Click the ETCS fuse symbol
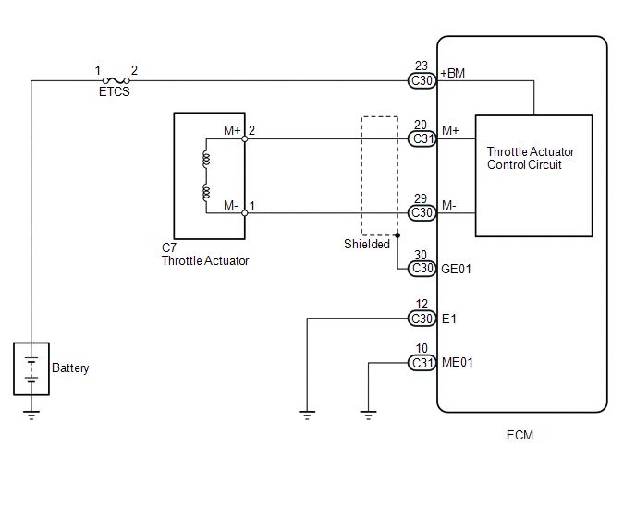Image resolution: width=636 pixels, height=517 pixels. (116, 80)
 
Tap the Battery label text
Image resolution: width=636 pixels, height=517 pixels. (70, 367)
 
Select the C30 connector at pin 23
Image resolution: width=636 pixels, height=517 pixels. (422, 80)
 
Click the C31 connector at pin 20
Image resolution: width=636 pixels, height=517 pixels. (422, 139)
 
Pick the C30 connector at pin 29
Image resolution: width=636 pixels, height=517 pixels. (422, 212)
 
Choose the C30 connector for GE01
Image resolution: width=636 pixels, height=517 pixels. (422, 269)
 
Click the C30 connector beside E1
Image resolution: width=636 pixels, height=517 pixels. (422, 319)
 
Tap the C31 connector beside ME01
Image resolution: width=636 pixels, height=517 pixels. (422, 363)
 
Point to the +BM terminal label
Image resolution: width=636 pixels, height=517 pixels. (453, 73)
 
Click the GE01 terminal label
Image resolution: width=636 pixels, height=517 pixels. (456, 269)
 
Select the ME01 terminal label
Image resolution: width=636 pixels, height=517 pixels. (458, 362)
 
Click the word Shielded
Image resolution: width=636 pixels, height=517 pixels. (367, 244)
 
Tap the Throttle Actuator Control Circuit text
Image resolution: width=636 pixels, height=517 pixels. (531, 159)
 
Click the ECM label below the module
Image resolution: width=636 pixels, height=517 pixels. (520, 435)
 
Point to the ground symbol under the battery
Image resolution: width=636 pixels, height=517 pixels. (31, 415)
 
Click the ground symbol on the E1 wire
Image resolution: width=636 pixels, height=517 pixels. (307, 415)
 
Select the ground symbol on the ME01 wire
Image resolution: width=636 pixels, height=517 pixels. (368, 415)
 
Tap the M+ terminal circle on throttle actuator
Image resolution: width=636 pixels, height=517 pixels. (245, 139)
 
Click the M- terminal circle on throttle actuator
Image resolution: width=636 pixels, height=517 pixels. (245, 213)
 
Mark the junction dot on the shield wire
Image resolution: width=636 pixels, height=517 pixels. (397, 235)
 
